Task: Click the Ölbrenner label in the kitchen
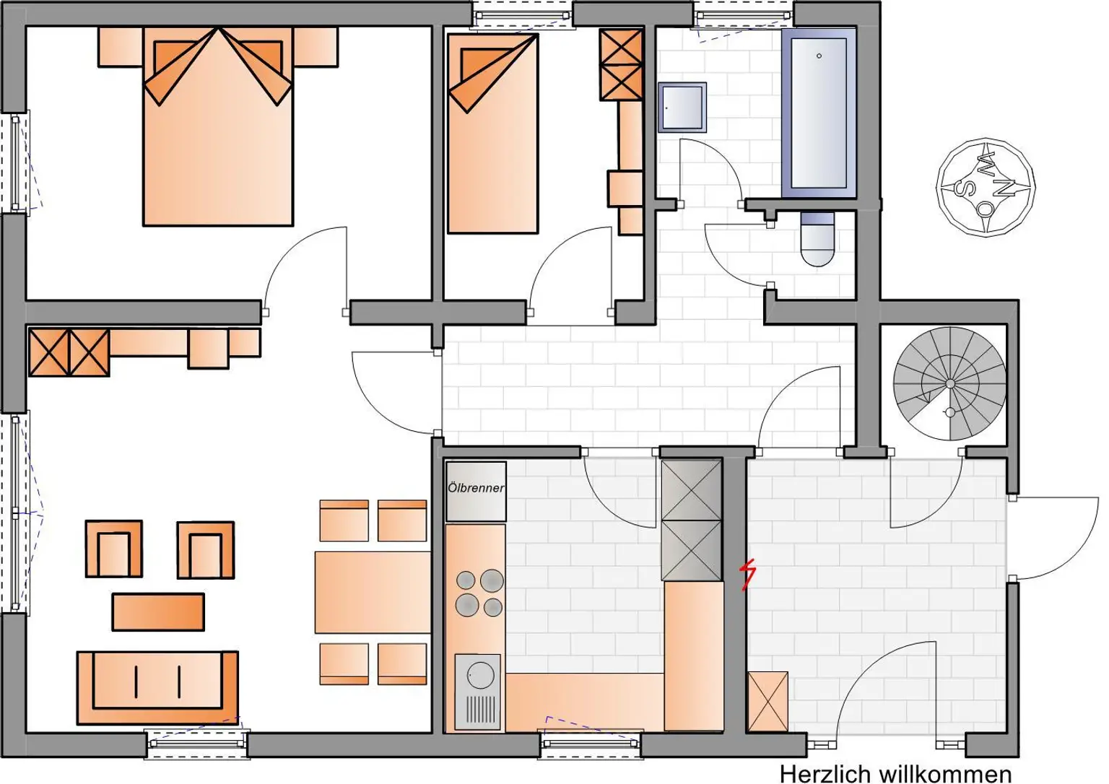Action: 476,488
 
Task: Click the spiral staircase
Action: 949,383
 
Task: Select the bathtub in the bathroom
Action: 819,112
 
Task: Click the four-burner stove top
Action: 479,593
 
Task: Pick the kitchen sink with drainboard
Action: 477,692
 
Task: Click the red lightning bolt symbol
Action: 749,575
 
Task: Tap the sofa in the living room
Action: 157,687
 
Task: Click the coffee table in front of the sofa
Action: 158,611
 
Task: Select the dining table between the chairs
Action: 373,592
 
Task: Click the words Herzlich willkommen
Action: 895,774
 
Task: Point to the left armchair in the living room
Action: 114,549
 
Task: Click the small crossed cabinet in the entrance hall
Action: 767,701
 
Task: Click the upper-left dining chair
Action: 344,521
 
